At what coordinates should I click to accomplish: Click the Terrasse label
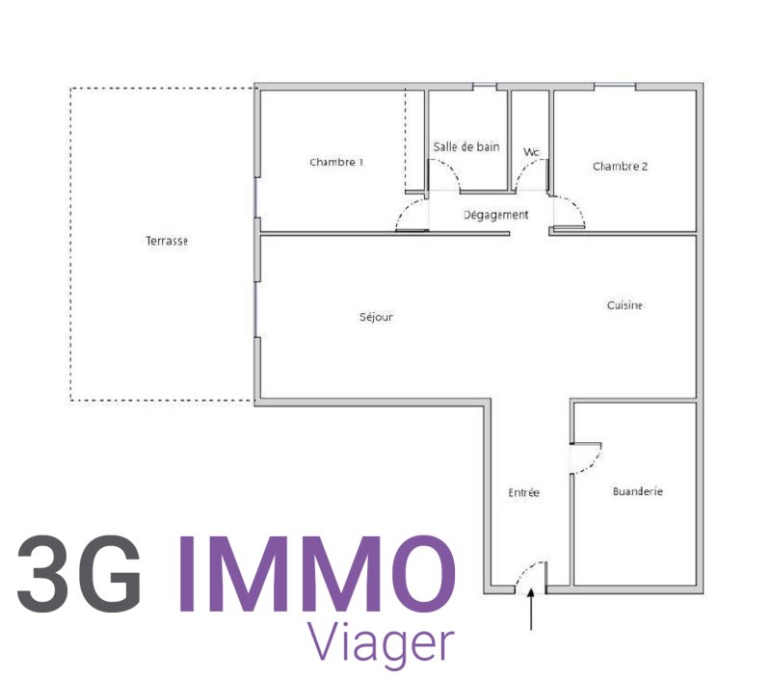click(x=167, y=241)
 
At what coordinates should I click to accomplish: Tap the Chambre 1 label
click(x=336, y=162)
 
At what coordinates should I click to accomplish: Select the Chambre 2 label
click(x=620, y=167)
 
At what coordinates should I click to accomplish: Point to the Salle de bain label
click(x=466, y=146)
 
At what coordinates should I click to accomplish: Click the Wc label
click(x=531, y=152)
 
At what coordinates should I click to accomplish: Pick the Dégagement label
click(x=496, y=215)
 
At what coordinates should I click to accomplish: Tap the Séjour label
click(x=376, y=317)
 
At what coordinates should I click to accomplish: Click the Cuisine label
click(x=625, y=305)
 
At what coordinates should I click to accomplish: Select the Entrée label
click(x=523, y=492)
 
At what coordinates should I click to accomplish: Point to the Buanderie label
click(x=638, y=491)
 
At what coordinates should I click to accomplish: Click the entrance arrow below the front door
click(x=531, y=610)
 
